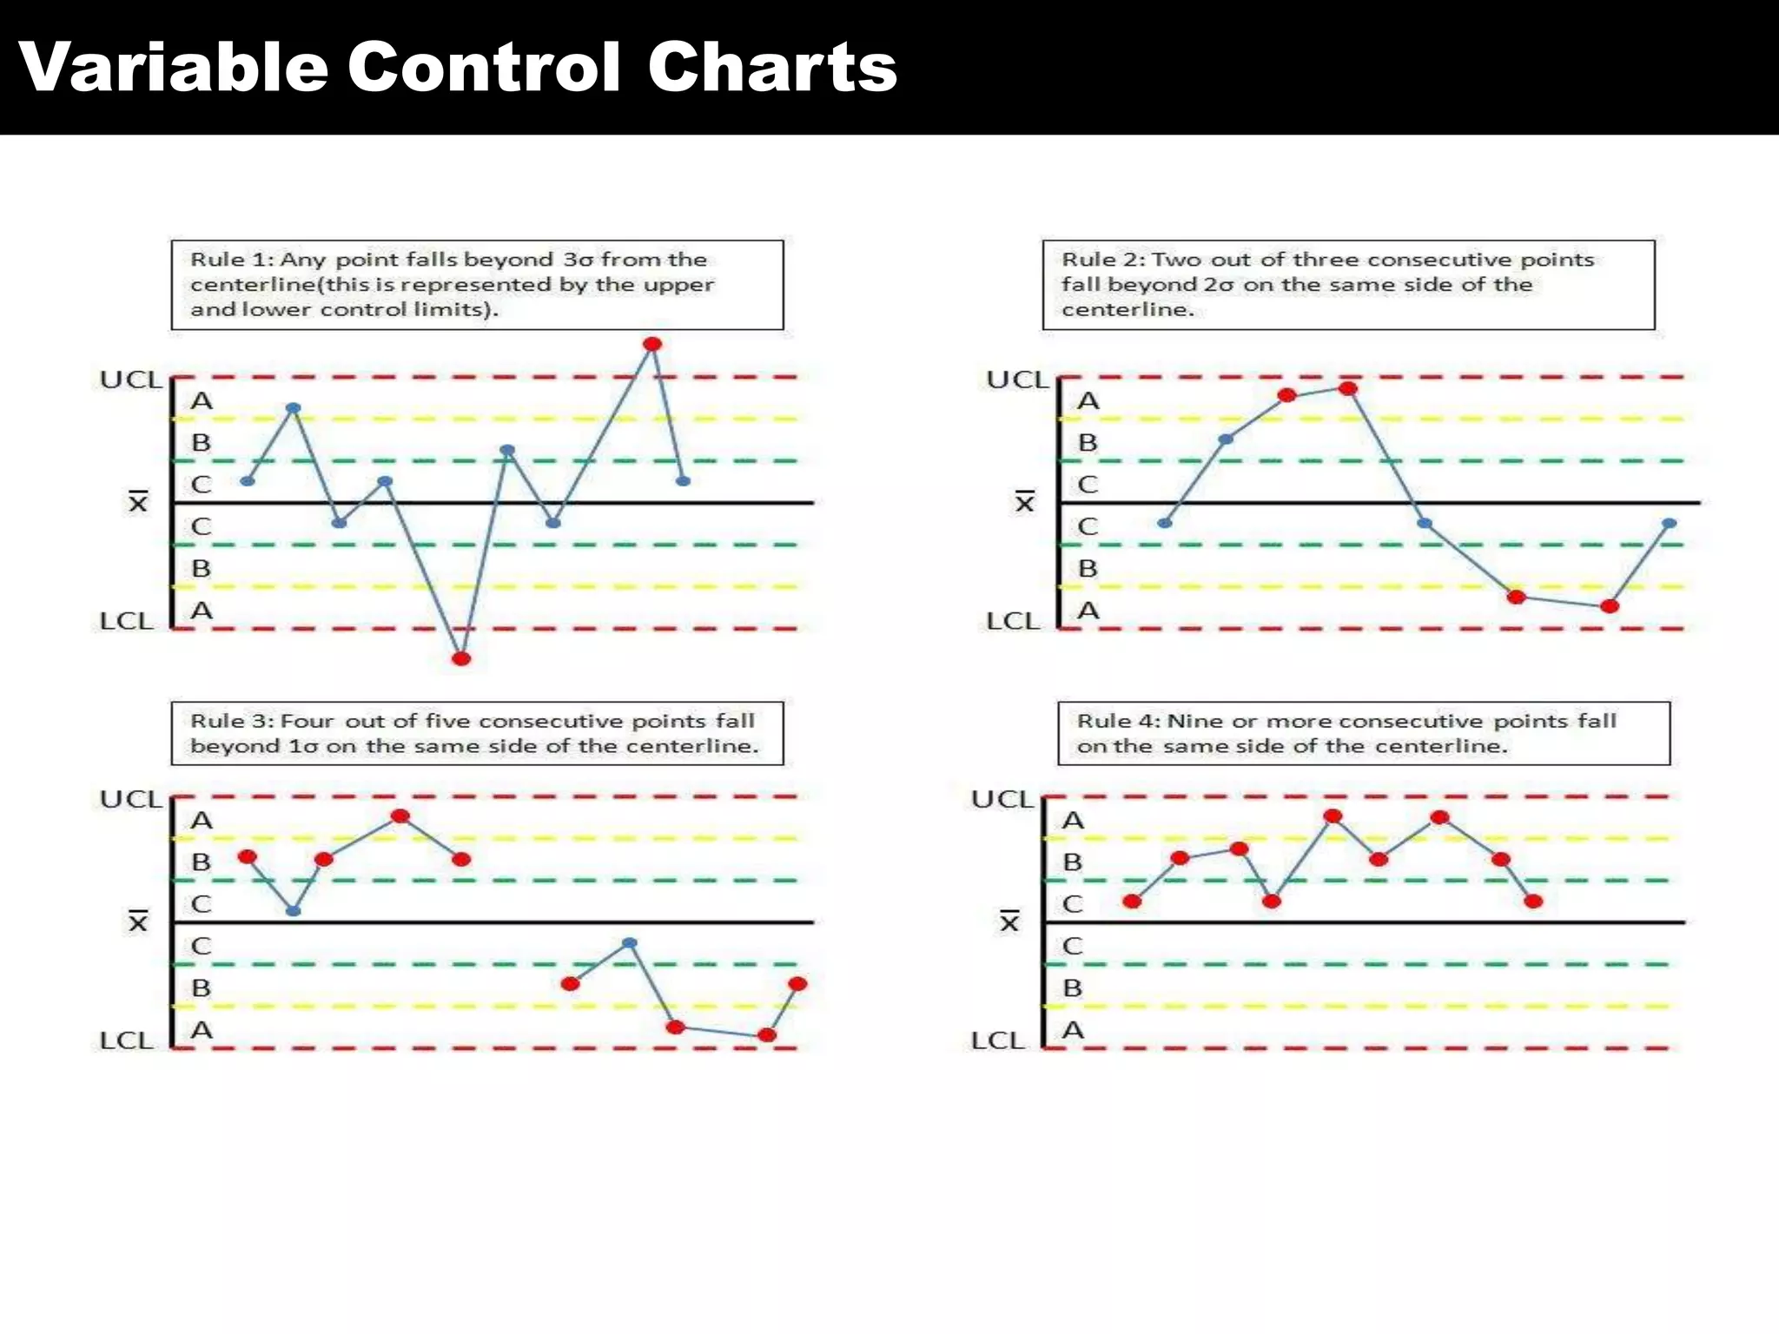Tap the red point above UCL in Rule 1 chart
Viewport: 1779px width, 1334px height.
click(x=652, y=345)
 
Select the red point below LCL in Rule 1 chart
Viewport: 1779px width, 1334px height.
click(x=461, y=659)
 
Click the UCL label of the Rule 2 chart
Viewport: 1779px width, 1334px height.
click(x=1017, y=380)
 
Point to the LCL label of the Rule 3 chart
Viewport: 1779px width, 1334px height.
click(x=126, y=1040)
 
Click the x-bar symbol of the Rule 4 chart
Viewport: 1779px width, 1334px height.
click(x=1009, y=921)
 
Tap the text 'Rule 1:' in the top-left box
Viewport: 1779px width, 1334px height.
click(x=231, y=260)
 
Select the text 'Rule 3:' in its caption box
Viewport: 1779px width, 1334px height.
click(x=231, y=721)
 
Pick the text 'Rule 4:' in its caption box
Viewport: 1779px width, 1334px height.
click(x=1118, y=721)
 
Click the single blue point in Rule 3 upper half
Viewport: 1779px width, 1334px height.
click(x=294, y=911)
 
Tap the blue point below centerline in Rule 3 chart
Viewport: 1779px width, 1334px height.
click(x=630, y=943)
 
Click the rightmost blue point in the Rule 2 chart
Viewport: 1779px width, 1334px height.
click(x=1669, y=524)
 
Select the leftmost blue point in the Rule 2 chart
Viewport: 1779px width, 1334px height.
click(x=1165, y=523)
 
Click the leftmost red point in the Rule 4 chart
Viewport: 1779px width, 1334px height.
click(x=1132, y=901)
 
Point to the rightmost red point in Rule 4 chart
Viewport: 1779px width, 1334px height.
click(x=1533, y=901)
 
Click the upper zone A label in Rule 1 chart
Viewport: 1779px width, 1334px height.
click(x=202, y=401)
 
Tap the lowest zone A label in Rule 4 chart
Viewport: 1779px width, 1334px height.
click(x=1073, y=1031)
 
